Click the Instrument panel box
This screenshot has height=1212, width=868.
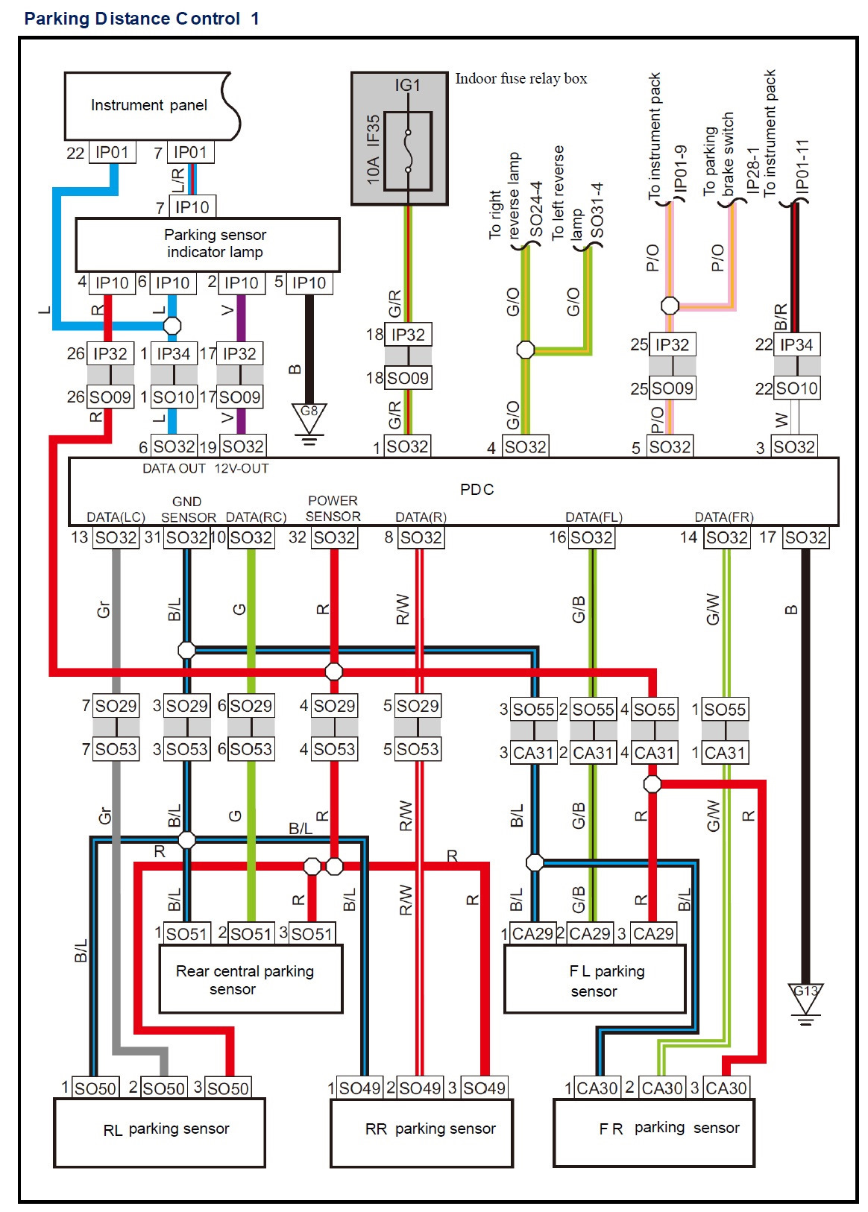click(x=149, y=106)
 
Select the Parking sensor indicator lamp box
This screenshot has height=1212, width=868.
click(x=207, y=244)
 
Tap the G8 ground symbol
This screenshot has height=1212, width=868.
click(x=309, y=417)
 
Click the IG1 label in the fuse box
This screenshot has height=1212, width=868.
click(x=407, y=86)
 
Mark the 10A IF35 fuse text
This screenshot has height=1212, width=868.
click(x=373, y=149)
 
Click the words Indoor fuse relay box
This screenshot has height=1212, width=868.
click(x=521, y=78)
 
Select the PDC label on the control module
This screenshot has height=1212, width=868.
click(x=477, y=490)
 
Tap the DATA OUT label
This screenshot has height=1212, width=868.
click(x=174, y=469)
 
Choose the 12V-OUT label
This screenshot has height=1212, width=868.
click(x=242, y=469)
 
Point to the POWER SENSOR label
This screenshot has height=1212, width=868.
click(x=333, y=508)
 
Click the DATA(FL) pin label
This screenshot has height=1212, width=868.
click(x=594, y=517)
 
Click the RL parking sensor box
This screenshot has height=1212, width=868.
click(x=160, y=1131)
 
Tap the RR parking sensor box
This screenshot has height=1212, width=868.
click(x=422, y=1131)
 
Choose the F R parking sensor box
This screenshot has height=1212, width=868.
click(x=654, y=1131)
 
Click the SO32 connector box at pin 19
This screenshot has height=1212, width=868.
click(x=243, y=446)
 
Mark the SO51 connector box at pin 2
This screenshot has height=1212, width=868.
click(x=251, y=934)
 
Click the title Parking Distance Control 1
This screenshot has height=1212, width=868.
click(x=142, y=19)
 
